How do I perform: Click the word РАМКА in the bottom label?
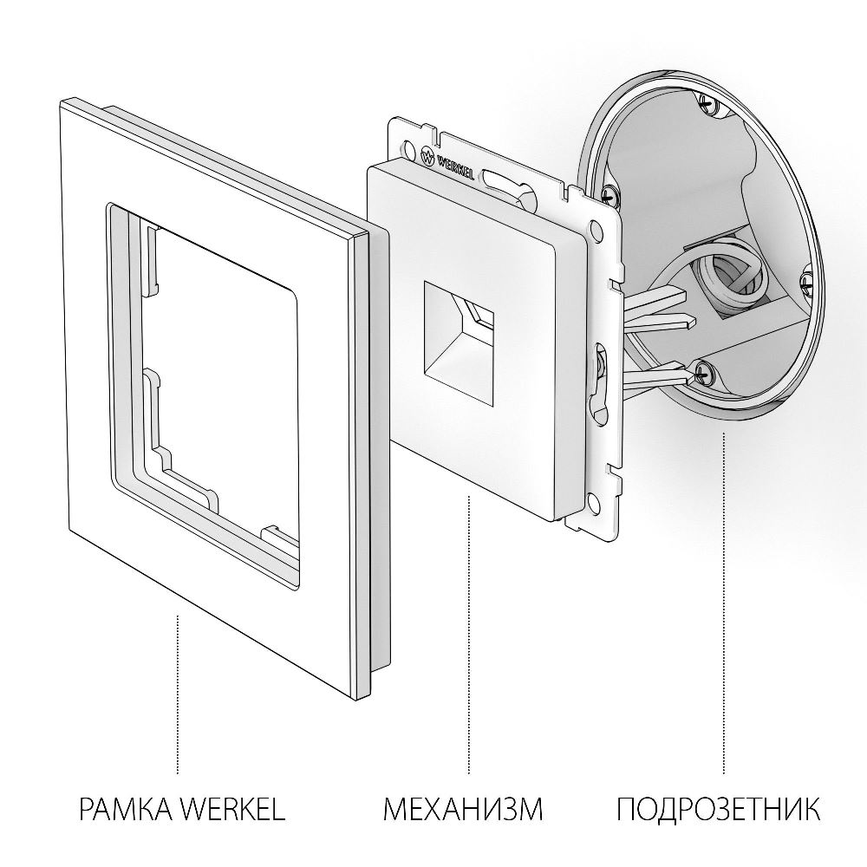point(126,810)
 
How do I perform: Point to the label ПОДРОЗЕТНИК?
point(719,810)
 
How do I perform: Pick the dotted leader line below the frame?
point(178,694)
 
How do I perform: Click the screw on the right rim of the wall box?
point(805,279)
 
